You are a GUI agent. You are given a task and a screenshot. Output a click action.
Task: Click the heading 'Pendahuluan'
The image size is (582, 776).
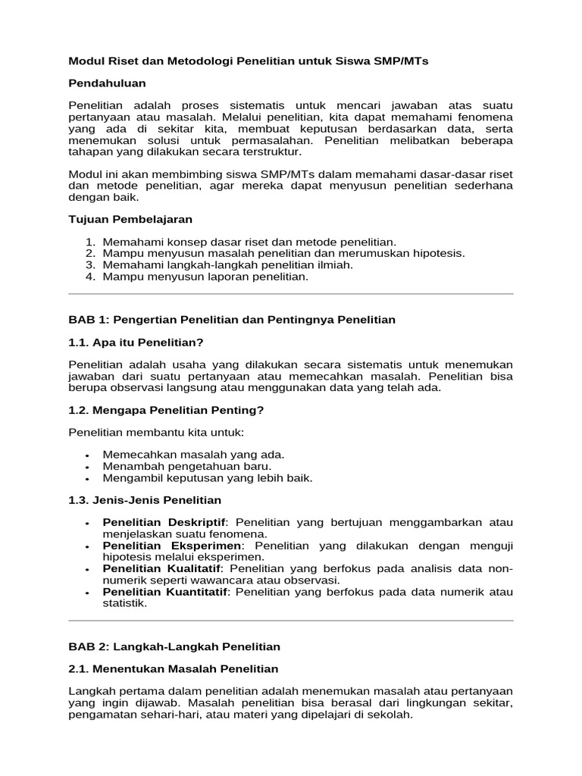click(x=107, y=83)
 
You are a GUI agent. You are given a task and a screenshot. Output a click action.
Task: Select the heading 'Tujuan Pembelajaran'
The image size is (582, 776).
click(x=130, y=219)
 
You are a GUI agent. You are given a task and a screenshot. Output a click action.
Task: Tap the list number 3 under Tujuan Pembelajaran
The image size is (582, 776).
click(x=89, y=265)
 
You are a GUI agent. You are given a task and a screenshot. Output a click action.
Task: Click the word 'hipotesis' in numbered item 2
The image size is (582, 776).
click(x=438, y=253)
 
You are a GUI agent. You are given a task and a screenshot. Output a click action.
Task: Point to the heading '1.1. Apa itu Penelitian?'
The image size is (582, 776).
click(x=136, y=342)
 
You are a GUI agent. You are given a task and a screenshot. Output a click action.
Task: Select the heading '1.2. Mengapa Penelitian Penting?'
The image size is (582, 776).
click(x=166, y=410)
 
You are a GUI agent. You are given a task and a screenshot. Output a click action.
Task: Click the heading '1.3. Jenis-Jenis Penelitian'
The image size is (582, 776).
click(x=145, y=499)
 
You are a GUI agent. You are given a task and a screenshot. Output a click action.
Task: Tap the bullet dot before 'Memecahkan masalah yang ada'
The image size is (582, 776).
click(x=89, y=455)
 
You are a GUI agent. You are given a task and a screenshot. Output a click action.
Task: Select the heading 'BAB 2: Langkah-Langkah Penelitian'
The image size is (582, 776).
click(x=174, y=646)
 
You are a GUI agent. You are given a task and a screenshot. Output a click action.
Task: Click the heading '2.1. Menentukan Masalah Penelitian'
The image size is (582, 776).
click(x=174, y=669)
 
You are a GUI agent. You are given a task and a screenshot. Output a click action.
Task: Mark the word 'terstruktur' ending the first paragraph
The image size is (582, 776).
click(x=269, y=152)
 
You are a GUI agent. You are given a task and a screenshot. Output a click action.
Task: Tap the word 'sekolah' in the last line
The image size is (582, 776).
click(x=390, y=715)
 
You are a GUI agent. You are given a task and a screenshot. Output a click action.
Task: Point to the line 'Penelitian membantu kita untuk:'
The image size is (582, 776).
click(x=156, y=433)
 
